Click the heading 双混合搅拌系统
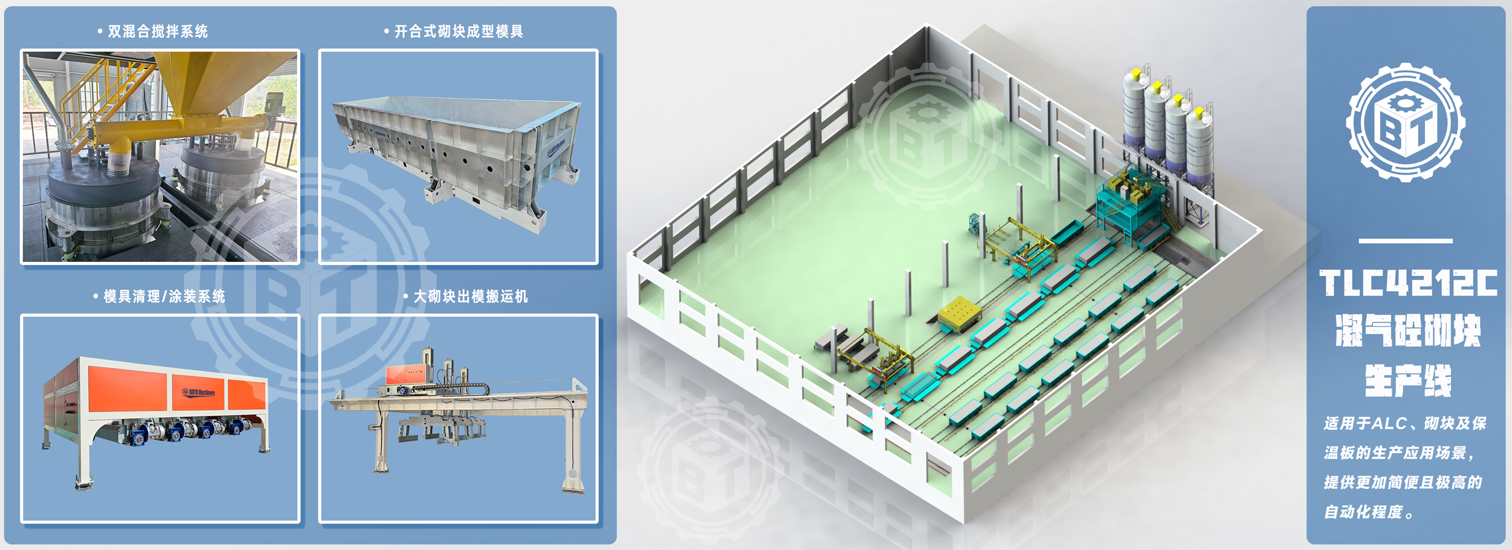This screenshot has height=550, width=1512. (x=157, y=31)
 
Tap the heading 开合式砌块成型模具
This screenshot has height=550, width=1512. (x=458, y=31)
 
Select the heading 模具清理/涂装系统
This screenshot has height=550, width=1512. (x=164, y=296)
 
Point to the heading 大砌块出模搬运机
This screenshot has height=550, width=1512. (x=471, y=296)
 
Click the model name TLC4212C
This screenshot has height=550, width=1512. (x=1407, y=283)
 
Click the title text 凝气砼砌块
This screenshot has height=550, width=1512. (x=1407, y=331)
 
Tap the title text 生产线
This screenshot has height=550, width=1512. (x=1407, y=381)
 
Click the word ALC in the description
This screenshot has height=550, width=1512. (x=1389, y=424)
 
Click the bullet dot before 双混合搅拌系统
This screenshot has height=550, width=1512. (x=100, y=31)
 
